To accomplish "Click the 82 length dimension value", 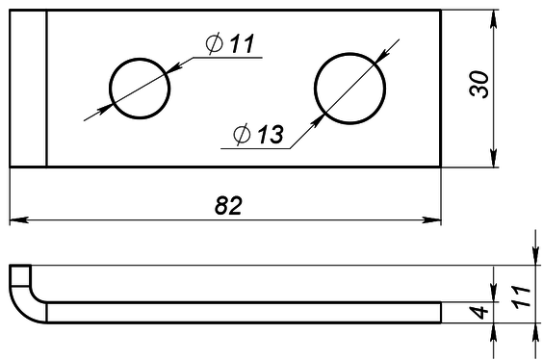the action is (226, 205).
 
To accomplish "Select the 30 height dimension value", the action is (480, 85).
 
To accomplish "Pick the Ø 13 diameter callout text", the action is (257, 135).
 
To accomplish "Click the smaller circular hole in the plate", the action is (140, 88).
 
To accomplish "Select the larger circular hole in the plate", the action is (345, 88).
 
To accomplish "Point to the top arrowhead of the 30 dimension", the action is (493, 17).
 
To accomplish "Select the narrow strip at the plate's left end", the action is (28, 88).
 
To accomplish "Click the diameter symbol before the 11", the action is (214, 44).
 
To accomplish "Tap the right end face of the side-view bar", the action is (441, 310).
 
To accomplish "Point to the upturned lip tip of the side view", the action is (20, 269).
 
